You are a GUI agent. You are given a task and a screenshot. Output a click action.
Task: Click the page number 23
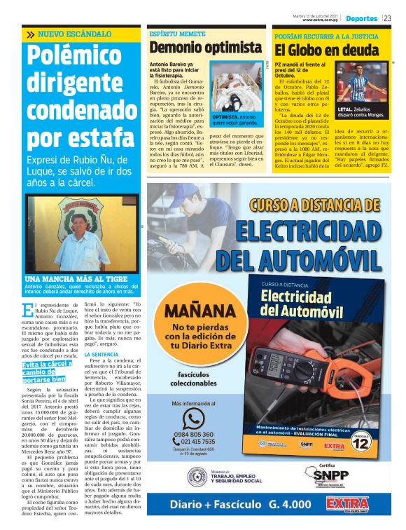click(x=388, y=18)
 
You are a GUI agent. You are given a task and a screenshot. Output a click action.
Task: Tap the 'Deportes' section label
click(x=361, y=18)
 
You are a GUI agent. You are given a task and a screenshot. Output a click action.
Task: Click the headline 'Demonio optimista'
click(x=205, y=48)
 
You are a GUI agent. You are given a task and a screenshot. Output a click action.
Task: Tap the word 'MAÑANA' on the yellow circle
click(x=193, y=311)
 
